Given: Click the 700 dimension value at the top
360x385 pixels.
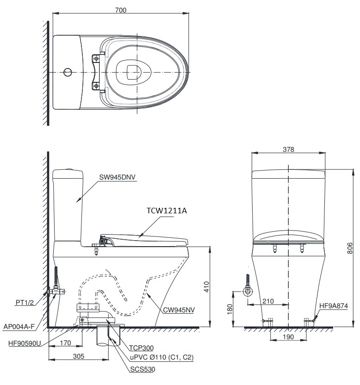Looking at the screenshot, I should tap(120, 10).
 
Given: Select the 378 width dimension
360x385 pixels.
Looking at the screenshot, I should tap(288, 149).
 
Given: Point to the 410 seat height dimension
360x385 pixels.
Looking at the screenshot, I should tap(206, 287).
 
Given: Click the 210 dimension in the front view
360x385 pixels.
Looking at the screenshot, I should tap(268, 301).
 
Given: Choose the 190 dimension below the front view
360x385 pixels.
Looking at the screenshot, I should tap(288, 338).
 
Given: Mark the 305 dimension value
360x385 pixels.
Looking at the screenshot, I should tap(79, 357).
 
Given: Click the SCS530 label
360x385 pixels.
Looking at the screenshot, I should tap(142, 369).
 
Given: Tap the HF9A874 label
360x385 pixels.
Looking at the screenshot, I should tap(335, 306).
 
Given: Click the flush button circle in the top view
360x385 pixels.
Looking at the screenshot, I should tap(68, 72).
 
